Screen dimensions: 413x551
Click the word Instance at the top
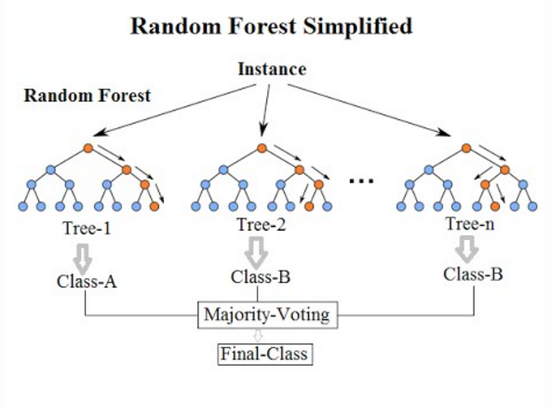(272, 70)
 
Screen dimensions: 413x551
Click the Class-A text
(87, 279)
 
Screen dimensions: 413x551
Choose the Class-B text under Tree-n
(474, 273)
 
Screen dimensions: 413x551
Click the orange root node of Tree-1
(87, 148)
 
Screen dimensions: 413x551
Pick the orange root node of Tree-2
(262, 148)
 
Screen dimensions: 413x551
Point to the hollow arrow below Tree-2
(257, 251)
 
